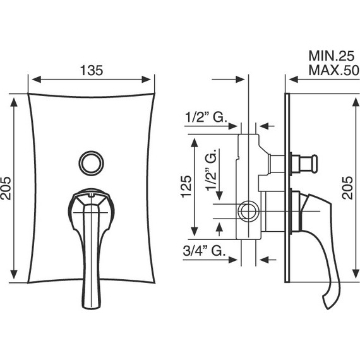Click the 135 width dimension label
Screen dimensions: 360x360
coord(92,71)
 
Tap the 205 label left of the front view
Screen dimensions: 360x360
coord(6,188)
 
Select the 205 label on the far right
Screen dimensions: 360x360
coord(347,188)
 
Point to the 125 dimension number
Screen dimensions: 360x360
coord(186,186)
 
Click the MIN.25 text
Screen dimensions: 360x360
coord(332,56)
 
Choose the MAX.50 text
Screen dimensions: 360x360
coord(334,70)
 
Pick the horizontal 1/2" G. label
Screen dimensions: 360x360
coord(206,117)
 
